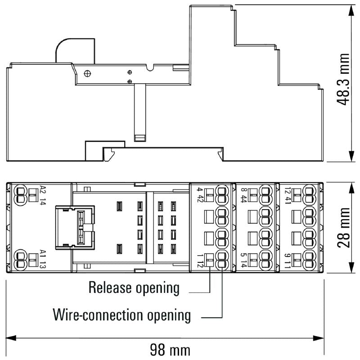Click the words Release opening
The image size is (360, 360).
[134, 287]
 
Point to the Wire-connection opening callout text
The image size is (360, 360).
[121, 315]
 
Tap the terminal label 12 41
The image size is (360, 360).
[287, 194]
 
